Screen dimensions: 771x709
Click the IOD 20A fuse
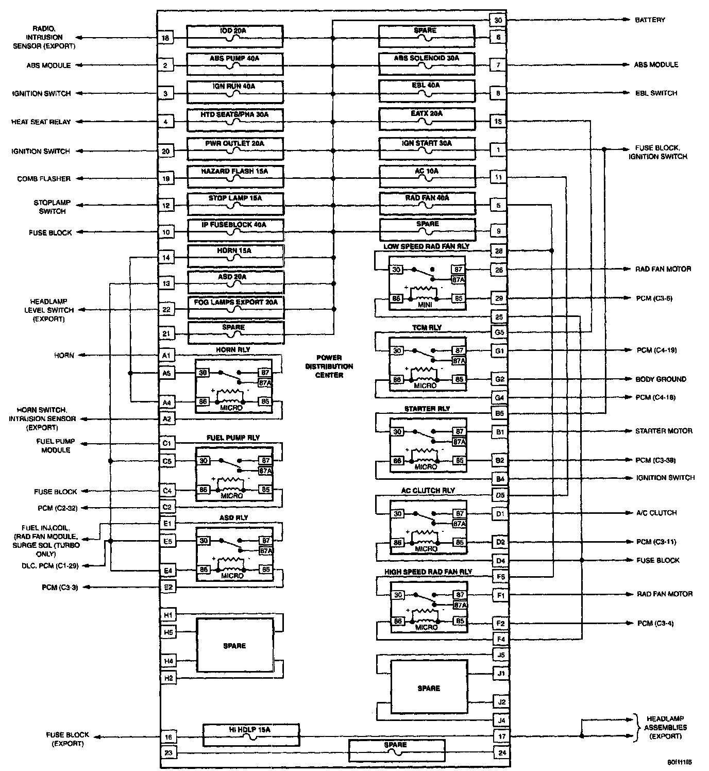coord(234,37)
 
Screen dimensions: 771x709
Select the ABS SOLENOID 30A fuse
coord(427,64)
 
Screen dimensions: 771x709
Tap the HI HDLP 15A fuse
coord(250,735)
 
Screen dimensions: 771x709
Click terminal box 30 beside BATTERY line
coord(498,20)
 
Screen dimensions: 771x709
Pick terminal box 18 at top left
coord(165,38)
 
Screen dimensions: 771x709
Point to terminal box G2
coord(499,379)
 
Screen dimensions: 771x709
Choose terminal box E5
coord(167,542)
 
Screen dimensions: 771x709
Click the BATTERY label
coord(650,20)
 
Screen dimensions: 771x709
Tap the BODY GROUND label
coord(661,379)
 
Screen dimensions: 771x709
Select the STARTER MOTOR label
coord(664,431)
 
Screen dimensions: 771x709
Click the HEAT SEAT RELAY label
coord(41,122)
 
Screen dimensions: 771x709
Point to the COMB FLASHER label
coord(44,179)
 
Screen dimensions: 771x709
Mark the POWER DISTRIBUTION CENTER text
coord(329,366)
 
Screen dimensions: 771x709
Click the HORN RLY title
coord(233,349)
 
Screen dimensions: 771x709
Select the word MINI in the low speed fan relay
coord(426,305)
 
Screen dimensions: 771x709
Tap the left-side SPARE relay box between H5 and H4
coord(234,646)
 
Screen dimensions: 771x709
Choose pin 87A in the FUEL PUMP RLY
coord(265,471)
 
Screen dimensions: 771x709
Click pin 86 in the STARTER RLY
coord(397,460)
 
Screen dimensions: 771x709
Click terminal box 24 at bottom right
coord(501,752)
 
